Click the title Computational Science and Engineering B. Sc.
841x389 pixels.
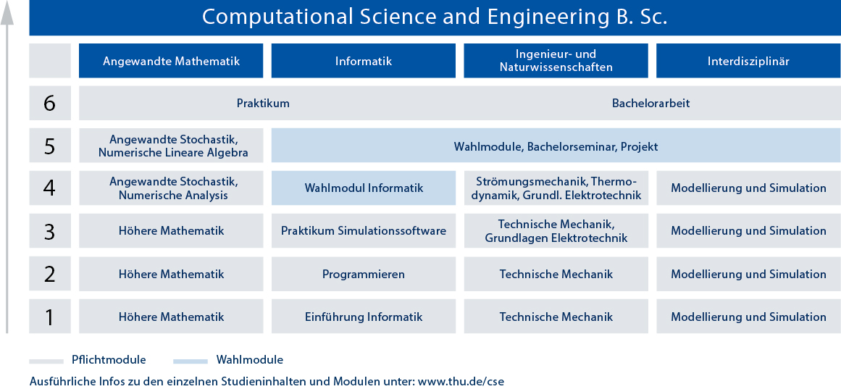pyautogui.click(x=435, y=17)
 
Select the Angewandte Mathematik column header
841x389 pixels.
pyautogui.click(x=171, y=61)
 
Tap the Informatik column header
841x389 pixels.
pyautogui.click(x=363, y=61)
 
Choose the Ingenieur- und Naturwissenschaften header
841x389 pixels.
pyautogui.click(x=556, y=61)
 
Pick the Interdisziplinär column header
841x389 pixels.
pyautogui.click(x=748, y=61)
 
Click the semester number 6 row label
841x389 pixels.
pyautogui.click(x=49, y=103)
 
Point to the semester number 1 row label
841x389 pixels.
pyautogui.click(x=49, y=317)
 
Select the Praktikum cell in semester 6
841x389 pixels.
pyautogui.click(x=263, y=103)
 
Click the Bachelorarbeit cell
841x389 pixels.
pyautogui.click(x=650, y=103)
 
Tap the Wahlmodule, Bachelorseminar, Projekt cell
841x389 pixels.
pyautogui.click(x=556, y=146)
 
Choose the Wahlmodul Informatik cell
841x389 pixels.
pyautogui.click(x=363, y=188)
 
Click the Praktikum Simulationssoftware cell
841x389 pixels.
pyautogui.click(x=363, y=230)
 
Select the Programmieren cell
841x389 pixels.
pyautogui.click(x=363, y=274)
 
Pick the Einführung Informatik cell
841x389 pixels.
pyautogui.click(x=363, y=317)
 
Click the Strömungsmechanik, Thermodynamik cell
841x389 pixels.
pyautogui.click(x=556, y=188)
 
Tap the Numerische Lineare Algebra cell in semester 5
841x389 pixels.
pyautogui.click(x=171, y=146)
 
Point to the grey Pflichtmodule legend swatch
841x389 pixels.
pyautogui.click(x=46, y=361)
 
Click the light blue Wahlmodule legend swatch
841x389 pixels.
pyautogui.click(x=191, y=361)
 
